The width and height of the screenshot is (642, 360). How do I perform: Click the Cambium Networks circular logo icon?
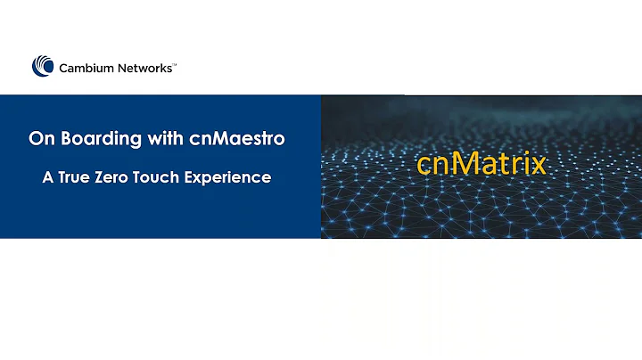(x=43, y=66)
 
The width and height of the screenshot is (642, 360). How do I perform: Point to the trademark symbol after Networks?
(x=175, y=62)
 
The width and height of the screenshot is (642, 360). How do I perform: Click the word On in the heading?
(x=40, y=139)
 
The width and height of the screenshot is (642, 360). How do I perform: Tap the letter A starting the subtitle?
(x=48, y=177)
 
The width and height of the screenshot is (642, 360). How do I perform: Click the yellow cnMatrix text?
(x=481, y=166)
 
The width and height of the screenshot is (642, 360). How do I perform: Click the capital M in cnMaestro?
(x=208, y=139)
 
